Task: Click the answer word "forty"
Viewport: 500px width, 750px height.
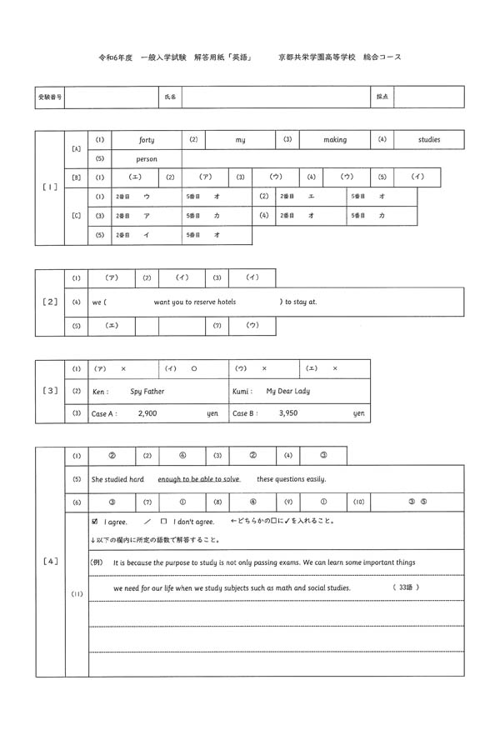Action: [146, 140]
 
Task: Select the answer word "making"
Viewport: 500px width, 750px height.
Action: [335, 140]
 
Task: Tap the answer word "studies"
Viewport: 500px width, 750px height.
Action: [429, 140]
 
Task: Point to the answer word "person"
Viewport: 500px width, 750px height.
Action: [146, 158]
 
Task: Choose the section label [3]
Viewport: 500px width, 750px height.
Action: [49, 390]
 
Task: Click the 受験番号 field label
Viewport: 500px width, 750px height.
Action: [49, 97]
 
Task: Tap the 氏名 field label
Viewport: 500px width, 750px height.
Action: [170, 97]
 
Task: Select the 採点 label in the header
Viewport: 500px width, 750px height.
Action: [382, 97]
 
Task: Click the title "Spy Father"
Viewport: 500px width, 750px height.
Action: [147, 391]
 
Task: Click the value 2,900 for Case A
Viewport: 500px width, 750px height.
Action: [147, 413]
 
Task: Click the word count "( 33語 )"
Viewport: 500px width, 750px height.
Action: [404, 587]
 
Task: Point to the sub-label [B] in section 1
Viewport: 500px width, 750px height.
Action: [76, 177]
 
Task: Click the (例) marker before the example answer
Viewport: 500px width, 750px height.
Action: [98, 562]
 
